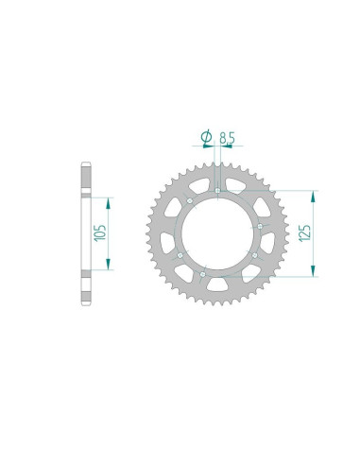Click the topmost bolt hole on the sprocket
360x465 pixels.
pos(218,192)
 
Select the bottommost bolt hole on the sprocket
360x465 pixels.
pos(218,273)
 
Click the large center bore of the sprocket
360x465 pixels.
pos(218,232)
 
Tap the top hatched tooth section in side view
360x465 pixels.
pos(85,179)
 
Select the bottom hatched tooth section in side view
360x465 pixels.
pos(85,288)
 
